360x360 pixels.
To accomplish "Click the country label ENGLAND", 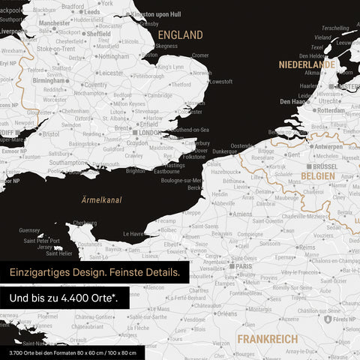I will tap(180, 35).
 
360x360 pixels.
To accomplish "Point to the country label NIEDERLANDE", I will tap(307, 65).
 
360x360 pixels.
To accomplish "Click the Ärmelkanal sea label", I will tap(103, 199).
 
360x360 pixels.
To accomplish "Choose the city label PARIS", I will tap(244, 265).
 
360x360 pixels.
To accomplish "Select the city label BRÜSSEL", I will tap(324, 166).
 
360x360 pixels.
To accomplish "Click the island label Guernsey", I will tap(29, 230).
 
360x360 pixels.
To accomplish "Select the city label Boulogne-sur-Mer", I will tap(181, 180).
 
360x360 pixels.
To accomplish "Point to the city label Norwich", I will tap(202, 73).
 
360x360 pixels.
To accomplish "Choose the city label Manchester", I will tap(54, 23).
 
